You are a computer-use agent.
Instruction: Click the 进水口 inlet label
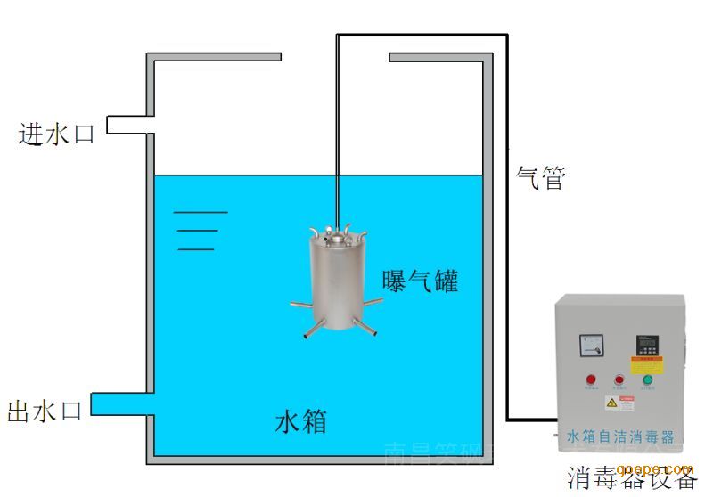pyautogui.click(x=56, y=134)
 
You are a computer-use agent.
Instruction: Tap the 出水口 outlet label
pyautogui.click(x=45, y=411)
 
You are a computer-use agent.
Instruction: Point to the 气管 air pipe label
pyautogui.click(x=541, y=178)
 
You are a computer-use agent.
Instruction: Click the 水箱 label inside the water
pyautogui.click(x=300, y=420)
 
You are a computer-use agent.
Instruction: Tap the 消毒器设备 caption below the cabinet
pyautogui.click(x=632, y=478)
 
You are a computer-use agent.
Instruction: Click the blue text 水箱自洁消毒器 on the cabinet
pyautogui.click(x=620, y=436)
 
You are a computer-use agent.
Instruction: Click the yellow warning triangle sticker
pyautogui.click(x=612, y=403)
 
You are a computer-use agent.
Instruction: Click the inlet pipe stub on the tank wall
pyautogui.click(x=129, y=125)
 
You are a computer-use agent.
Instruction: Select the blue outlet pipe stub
pyautogui.click(x=123, y=404)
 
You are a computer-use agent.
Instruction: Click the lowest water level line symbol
pyautogui.click(x=196, y=248)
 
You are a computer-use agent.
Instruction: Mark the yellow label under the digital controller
pyautogui.click(x=648, y=365)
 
